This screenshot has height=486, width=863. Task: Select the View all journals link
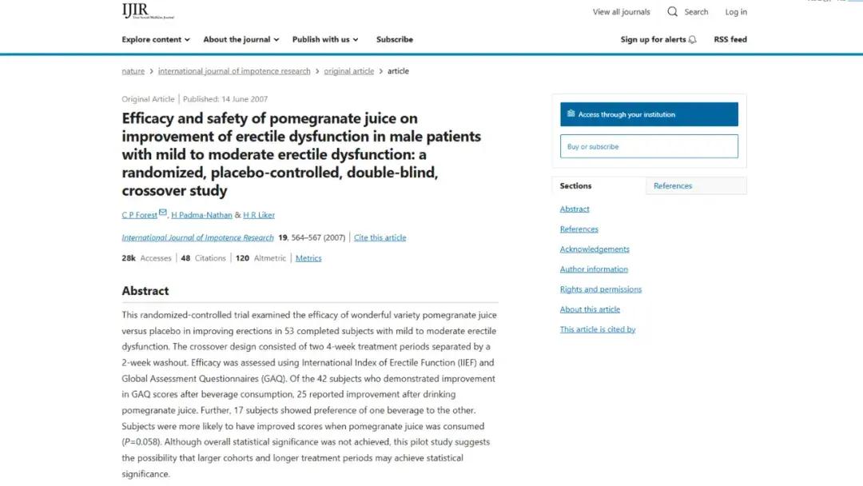621,12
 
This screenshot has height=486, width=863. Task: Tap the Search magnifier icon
673,12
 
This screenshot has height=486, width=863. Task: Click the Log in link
736,12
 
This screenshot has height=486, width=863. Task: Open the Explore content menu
155,39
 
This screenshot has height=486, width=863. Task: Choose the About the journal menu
241,39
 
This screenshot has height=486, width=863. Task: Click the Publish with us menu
324,39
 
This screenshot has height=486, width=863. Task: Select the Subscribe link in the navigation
395,39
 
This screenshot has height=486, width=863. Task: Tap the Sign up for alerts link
658,39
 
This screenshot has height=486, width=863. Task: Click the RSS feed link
730,39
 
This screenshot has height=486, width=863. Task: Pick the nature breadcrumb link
133,71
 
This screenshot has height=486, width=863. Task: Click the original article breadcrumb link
348,71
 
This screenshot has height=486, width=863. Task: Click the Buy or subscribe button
649,146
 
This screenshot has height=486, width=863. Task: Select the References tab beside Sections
673,185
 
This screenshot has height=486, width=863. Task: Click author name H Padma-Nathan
201,215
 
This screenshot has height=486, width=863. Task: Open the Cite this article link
380,237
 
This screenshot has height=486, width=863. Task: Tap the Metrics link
308,258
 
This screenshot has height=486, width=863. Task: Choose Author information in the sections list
594,269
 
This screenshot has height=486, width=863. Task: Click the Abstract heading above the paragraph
145,291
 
